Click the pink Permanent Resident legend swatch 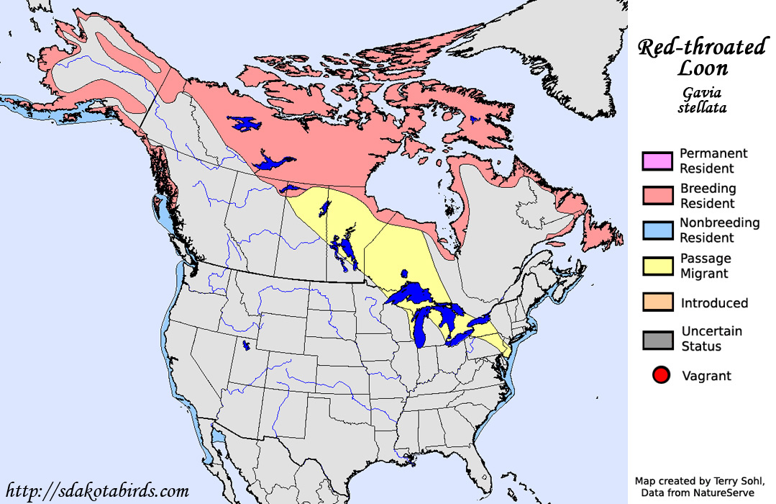[x=657, y=161]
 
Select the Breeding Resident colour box [x=657, y=196]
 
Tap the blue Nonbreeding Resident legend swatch [x=657, y=230]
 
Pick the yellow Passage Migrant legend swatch [x=657, y=266]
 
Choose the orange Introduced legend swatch [x=657, y=302]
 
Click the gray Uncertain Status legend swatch [x=657, y=339]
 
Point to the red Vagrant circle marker [x=661, y=375]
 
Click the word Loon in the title [x=703, y=69]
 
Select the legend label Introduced [x=714, y=303]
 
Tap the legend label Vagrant [x=706, y=376]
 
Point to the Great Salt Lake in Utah [x=246, y=346]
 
